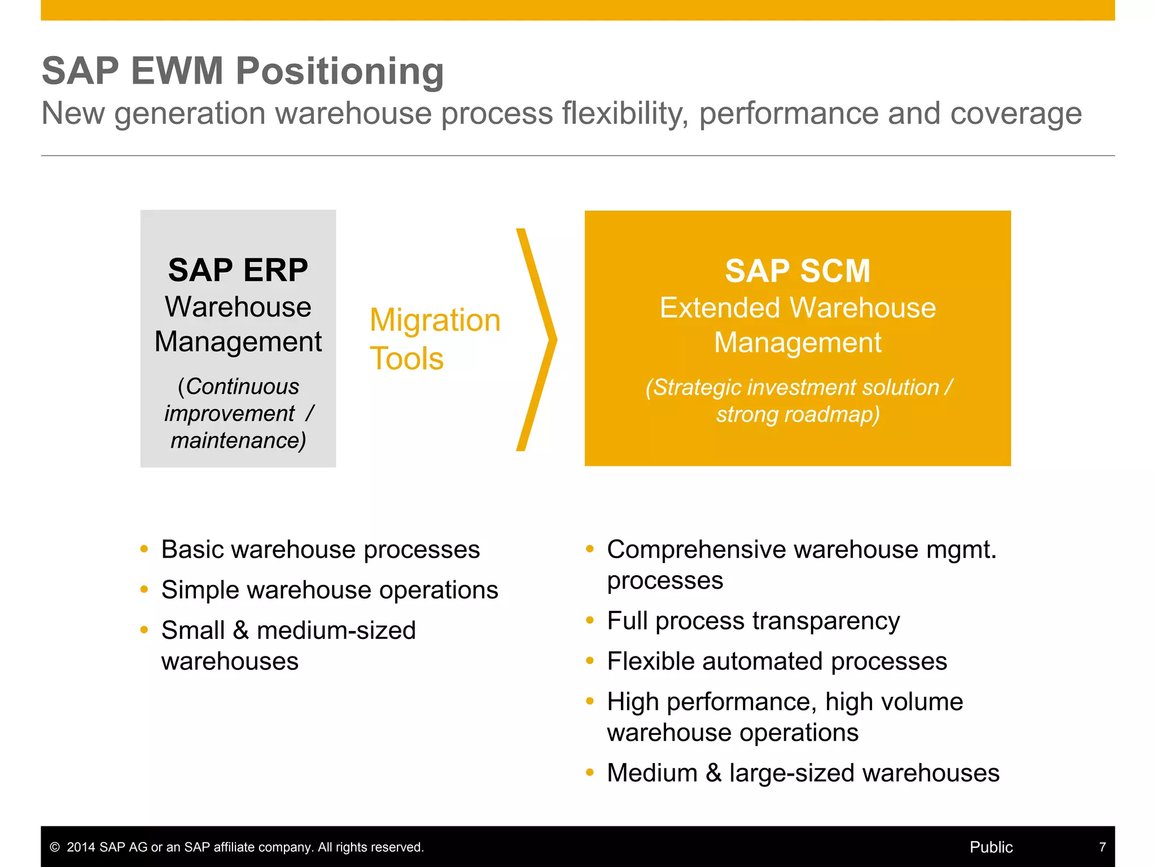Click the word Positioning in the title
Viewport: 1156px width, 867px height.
[x=339, y=72]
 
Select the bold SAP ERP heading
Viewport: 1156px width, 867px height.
[x=238, y=270]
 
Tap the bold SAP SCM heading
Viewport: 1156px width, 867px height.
[x=797, y=271]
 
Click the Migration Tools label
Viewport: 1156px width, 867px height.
[x=434, y=339]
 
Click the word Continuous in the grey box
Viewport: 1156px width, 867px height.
[x=242, y=387]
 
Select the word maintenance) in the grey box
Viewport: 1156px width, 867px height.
[x=238, y=441]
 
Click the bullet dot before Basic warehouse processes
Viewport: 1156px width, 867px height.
[x=144, y=549]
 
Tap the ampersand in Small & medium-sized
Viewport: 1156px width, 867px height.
[x=240, y=630]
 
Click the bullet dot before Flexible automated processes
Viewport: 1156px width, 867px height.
[x=590, y=661]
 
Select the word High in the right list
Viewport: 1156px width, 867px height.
[x=632, y=702]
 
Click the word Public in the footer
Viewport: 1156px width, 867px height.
[x=991, y=847]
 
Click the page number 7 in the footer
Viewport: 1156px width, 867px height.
[x=1102, y=847]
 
